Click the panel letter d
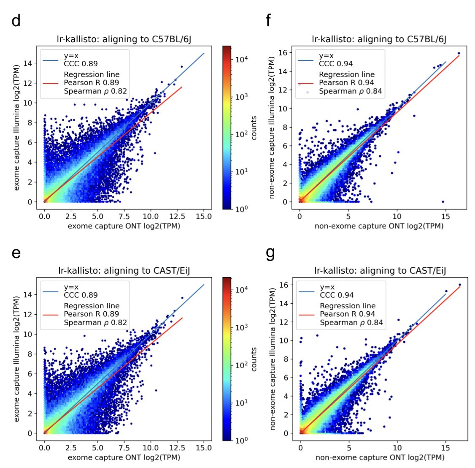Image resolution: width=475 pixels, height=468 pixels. pyautogui.click(x=16, y=21)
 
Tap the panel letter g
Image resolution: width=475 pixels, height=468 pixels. pyautogui.click(x=270, y=253)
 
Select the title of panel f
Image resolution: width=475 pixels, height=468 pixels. pyautogui.click(x=378, y=39)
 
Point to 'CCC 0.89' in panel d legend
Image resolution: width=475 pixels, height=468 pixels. pyautogui.click(x=81, y=64)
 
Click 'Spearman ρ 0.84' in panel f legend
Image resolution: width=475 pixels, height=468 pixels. pyautogui.click(x=351, y=91)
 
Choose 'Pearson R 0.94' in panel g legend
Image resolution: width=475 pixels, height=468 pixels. pyautogui.click(x=347, y=314)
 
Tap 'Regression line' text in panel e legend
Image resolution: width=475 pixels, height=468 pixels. pyautogui.click(x=92, y=305)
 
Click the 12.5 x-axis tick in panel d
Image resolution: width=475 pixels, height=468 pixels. pyautogui.click(x=177, y=216)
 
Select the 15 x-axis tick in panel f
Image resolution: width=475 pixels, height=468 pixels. pyautogui.click(x=445, y=216)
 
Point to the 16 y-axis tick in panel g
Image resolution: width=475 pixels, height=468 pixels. pyautogui.click(x=285, y=285)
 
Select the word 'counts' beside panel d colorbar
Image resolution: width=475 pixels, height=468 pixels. pyautogui.click(x=254, y=128)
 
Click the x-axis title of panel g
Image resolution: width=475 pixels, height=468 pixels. pyautogui.click(x=379, y=457)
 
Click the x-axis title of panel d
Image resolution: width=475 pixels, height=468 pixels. pyautogui.click(x=124, y=226)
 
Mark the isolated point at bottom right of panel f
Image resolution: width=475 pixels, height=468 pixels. pyautogui.click(x=443, y=202)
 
